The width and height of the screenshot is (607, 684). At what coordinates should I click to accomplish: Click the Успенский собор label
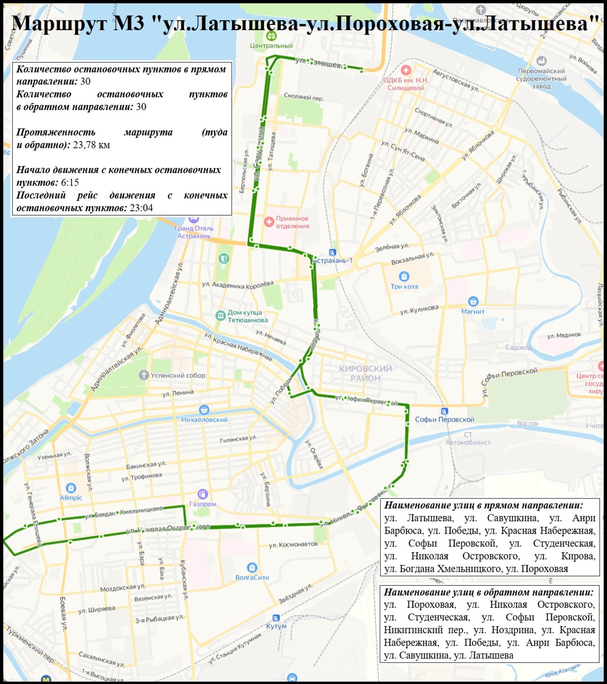click(x=178, y=375)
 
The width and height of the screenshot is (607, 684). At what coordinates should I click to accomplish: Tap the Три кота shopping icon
click(x=404, y=276)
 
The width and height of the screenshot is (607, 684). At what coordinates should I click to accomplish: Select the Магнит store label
click(x=473, y=311)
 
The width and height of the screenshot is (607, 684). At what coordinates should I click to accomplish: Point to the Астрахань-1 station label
click(x=333, y=261)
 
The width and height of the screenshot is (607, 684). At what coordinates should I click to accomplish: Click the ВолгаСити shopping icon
click(x=252, y=568)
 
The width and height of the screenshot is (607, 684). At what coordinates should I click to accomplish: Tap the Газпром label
click(x=203, y=504)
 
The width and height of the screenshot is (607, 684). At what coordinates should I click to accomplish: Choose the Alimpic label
click(x=71, y=497)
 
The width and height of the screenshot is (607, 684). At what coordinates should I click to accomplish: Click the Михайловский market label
click(x=204, y=420)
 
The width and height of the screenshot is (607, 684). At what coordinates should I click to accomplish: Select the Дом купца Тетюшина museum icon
click(x=220, y=316)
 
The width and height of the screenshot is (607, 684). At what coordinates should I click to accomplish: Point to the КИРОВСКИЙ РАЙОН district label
click(x=365, y=373)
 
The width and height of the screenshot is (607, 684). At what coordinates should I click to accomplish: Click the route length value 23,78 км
click(x=91, y=145)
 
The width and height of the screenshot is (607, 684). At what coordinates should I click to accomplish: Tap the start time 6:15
click(x=70, y=182)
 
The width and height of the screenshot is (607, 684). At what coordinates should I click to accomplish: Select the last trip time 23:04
click(x=141, y=208)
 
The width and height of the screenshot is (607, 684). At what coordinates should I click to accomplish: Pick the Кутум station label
click(x=276, y=626)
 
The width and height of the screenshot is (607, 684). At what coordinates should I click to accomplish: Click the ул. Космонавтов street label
click(x=293, y=545)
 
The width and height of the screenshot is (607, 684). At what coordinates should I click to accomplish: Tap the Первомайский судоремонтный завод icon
click(x=541, y=61)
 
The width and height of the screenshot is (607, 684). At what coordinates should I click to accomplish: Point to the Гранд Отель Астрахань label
click(x=194, y=232)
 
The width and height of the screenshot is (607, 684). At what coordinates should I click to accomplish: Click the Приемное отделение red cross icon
click(x=269, y=222)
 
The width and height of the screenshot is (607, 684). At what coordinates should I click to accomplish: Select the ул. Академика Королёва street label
click(x=237, y=285)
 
